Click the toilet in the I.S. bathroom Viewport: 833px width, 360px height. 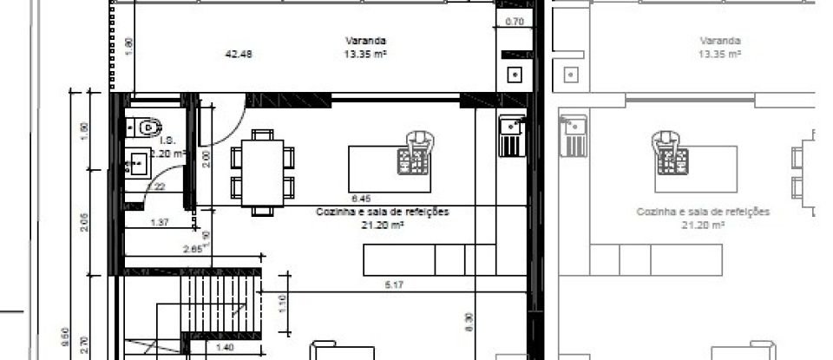(x=149, y=128)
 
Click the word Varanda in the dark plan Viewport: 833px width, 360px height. (x=365, y=41)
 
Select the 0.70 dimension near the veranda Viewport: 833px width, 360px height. (x=514, y=23)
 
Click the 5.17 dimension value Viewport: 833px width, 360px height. (x=395, y=285)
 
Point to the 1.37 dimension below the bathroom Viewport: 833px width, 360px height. (x=159, y=223)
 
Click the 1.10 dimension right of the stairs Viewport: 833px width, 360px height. (x=281, y=304)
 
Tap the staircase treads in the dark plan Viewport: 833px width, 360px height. (x=220, y=300)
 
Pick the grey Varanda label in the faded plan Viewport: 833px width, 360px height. (x=719, y=41)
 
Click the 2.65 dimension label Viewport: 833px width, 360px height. (x=195, y=249)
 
